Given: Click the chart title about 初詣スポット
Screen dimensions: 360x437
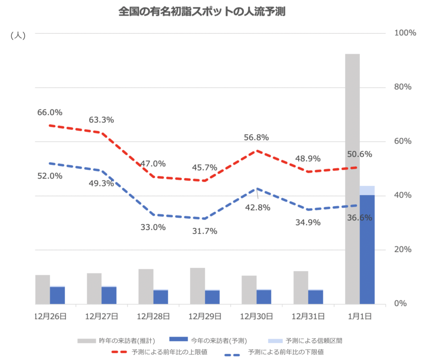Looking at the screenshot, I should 202,12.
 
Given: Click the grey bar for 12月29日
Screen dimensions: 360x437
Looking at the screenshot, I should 197,286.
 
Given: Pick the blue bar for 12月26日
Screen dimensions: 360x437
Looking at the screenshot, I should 57,295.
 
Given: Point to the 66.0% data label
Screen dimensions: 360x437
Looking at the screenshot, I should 50,113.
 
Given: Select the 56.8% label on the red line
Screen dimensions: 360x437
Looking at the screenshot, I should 256,138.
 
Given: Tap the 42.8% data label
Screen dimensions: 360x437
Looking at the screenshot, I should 258,208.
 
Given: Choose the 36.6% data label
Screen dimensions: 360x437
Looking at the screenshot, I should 359,218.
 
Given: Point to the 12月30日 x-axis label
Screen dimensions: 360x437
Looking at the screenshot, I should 256,316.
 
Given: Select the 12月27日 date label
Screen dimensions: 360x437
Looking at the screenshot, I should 101,316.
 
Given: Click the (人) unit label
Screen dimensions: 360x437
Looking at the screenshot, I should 18,36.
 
